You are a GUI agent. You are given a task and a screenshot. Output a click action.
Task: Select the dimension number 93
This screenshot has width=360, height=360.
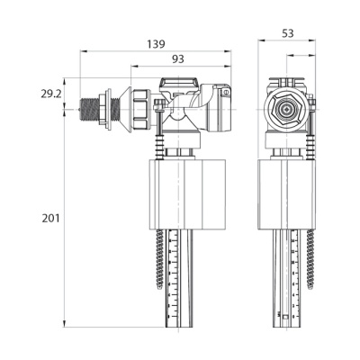coord(180,58)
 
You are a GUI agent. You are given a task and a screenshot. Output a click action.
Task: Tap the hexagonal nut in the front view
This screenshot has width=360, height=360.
coord(286,113)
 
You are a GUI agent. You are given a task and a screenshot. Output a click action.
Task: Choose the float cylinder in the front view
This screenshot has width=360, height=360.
coord(287,193)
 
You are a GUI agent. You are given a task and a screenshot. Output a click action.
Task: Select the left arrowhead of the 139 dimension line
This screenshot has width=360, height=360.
coord(84,51)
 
